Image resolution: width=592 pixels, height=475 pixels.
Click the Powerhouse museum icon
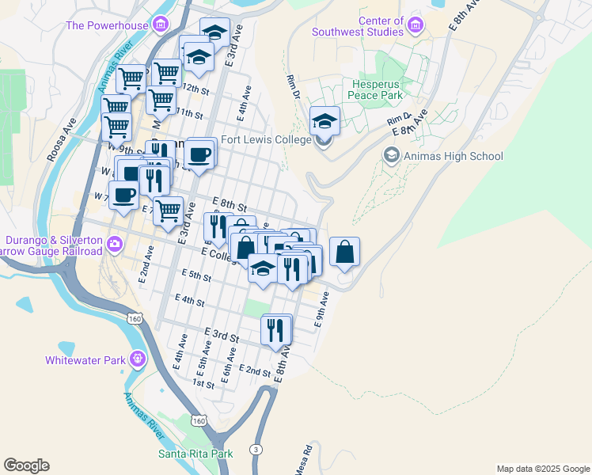[x=161, y=25]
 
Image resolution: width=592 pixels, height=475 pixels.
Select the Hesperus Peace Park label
[x=376, y=89]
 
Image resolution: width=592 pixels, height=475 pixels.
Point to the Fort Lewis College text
[x=266, y=139]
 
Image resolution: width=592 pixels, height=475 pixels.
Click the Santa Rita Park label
[x=195, y=454]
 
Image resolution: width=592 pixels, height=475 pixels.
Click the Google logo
[x=26, y=465]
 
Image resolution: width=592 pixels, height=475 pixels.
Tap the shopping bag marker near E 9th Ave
[x=344, y=253]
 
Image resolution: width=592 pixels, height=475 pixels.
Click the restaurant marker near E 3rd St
[x=275, y=329]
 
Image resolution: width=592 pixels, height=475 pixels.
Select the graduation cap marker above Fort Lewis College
[x=324, y=121]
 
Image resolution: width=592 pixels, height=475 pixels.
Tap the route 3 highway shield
[x=256, y=449]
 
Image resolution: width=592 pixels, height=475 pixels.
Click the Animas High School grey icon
[x=391, y=155]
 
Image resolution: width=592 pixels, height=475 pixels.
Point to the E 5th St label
[x=196, y=275]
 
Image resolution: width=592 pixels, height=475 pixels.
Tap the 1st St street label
[x=204, y=384]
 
